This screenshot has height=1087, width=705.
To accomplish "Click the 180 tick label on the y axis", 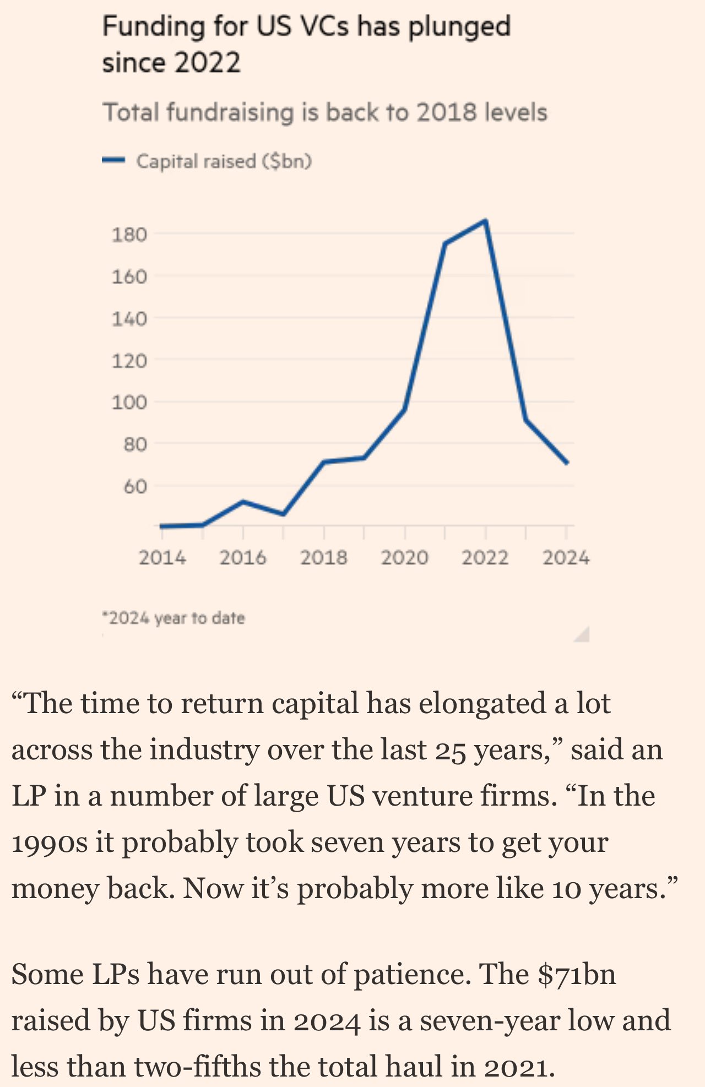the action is [129, 235].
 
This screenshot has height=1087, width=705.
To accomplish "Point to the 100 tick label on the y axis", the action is [129, 402].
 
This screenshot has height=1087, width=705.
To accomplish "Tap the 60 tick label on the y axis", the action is [135, 486].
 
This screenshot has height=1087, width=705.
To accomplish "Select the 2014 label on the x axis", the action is [162, 558].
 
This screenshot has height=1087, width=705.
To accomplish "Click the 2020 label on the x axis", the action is [405, 558].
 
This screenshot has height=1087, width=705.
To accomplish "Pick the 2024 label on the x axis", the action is [566, 558].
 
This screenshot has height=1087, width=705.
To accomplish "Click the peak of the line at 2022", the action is [485, 221].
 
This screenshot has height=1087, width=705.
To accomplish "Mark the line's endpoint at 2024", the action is [567, 463].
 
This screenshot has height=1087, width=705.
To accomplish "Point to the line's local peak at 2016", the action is [243, 502].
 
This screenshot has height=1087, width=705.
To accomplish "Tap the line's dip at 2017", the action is [283, 514].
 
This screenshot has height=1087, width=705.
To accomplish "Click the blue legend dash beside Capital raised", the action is [114, 161].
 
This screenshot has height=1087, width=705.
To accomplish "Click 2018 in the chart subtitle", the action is [447, 112].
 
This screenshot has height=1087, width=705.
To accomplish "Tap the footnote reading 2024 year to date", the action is [173, 618].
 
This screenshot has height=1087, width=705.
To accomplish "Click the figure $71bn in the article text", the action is [577, 974].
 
